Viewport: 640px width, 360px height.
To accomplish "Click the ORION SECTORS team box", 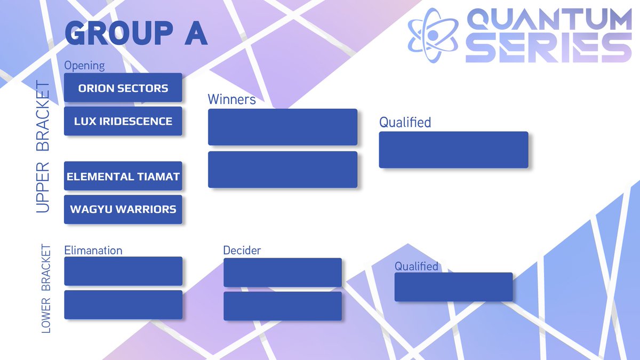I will pyautogui.click(x=123, y=88).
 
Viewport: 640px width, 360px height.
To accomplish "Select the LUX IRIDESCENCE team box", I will pyautogui.click(x=123, y=121).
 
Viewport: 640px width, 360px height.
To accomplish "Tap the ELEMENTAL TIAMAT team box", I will pyautogui.click(x=123, y=176).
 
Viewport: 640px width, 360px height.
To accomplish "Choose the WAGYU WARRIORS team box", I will pyautogui.click(x=123, y=209).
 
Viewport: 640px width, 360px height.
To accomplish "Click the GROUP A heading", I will pyautogui.click(x=135, y=34).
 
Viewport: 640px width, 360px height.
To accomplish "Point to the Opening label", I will pyautogui.click(x=84, y=65).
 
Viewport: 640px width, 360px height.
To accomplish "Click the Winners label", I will pyautogui.click(x=231, y=99).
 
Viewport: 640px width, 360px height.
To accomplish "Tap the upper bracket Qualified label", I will pyautogui.click(x=405, y=122).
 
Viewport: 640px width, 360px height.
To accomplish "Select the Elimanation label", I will pyautogui.click(x=93, y=250).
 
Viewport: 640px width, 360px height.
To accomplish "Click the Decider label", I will pyautogui.click(x=242, y=250).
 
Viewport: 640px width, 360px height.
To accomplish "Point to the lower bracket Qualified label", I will pyautogui.click(x=416, y=266).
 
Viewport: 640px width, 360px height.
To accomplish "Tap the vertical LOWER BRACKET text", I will pyautogui.click(x=46, y=289).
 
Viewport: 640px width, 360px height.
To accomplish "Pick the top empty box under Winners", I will pyautogui.click(x=282, y=127).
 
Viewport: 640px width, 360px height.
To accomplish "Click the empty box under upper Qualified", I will pyautogui.click(x=453, y=150).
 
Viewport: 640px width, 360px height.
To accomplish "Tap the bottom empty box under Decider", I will pyautogui.click(x=282, y=306).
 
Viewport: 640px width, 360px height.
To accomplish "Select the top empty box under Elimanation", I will pyautogui.click(x=123, y=271).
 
